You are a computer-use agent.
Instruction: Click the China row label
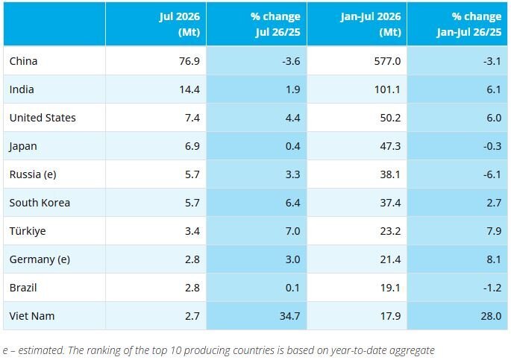tap(23, 61)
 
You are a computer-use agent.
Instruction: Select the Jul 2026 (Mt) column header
tap(180, 24)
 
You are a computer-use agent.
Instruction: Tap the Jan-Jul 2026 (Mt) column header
tap(371, 24)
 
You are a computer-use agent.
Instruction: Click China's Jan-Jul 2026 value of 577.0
tap(387, 61)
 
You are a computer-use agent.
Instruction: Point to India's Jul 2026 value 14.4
tap(189, 89)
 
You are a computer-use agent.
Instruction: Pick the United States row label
tap(43, 118)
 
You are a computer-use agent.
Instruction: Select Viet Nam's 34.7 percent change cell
tap(289, 316)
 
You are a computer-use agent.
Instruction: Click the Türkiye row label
tap(28, 231)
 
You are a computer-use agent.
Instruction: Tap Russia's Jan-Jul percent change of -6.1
tap(492, 174)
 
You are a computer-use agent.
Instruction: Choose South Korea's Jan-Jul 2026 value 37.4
tap(390, 203)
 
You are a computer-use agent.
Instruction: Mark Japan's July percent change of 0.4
tap(292, 146)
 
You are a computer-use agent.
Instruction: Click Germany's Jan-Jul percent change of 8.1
tap(494, 259)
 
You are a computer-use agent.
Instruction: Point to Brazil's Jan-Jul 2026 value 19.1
tap(390, 288)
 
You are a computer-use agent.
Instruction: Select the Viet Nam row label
tap(32, 316)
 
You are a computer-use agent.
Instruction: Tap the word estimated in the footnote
tap(41, 350)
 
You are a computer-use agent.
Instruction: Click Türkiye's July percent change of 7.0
tap(292, 231)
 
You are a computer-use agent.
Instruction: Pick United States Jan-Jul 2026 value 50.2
tap(390, 118)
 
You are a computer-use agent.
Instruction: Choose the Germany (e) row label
tap(40, 259)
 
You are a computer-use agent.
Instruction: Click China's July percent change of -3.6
tap(291, 61)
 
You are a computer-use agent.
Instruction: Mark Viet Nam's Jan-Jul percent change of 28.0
tap(491, 316)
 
